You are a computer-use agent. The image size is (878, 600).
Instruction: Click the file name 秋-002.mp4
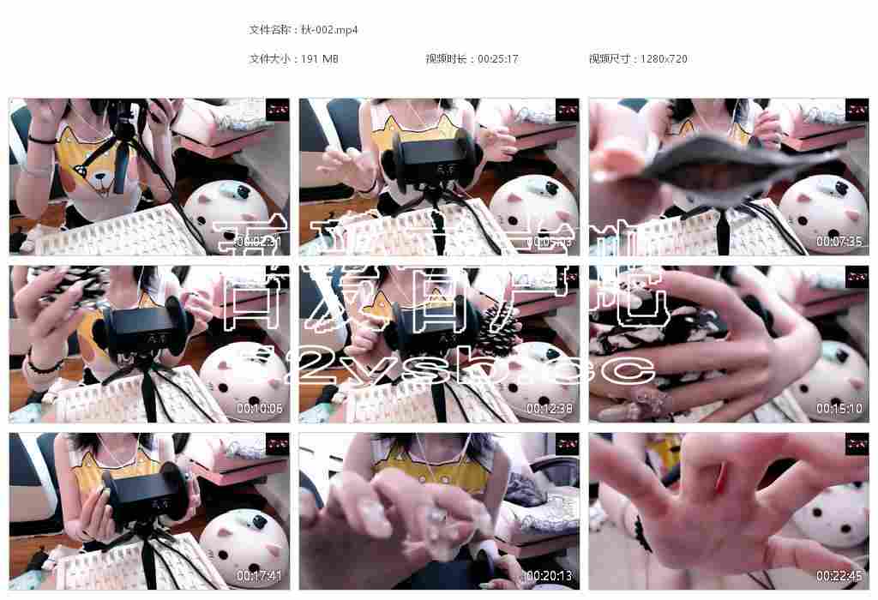pyautogui.click(x=330, y=30)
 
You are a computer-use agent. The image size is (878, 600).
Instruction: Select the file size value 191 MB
pyautogui.click(x=320, y=59)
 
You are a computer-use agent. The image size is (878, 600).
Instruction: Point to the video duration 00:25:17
pyautogui.click(x=497, y=59)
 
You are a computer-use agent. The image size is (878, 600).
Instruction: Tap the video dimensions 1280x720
pyautogui.click(x=664, y=59)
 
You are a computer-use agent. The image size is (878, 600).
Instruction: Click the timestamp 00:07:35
pyautogui.click(x=839, y=242)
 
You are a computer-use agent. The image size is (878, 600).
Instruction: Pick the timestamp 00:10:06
pyautogui.click(x=259, y=409)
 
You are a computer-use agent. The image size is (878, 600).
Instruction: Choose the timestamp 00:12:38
pyautogui.click(x=549, y=409)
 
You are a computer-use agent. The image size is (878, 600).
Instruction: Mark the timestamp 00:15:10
pyautogui.click(x=839, y=409)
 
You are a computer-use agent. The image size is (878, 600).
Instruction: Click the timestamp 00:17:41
pyautogui.click(x=259, y=576)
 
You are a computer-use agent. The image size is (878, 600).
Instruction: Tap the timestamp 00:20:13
pyautogui.click(x=549, y=576)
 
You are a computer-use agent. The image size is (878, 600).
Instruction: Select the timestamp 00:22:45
pyautogui.click(x=839, y=576)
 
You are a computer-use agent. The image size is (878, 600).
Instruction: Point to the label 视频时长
pyautogui.click(x=447, y=59)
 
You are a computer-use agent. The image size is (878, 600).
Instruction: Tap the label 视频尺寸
pyautogui.click(x=610, y=59)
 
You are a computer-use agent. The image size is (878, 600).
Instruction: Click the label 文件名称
pyautogui.click(x=269, y=30)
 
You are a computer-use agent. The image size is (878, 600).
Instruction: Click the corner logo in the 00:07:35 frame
pyautogui.click(x=857, y=109)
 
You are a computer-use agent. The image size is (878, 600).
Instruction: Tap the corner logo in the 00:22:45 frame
pyautogui.click(x=857, y=443)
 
